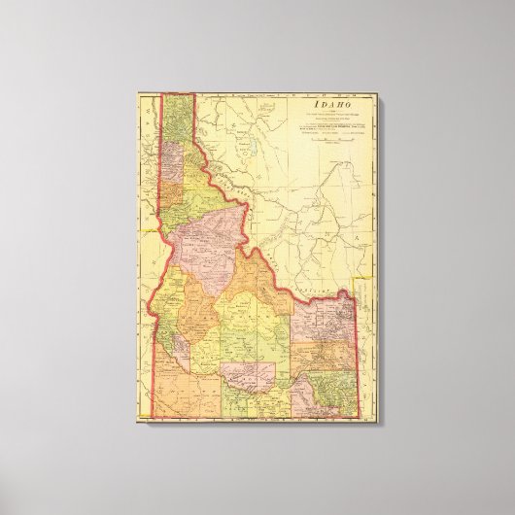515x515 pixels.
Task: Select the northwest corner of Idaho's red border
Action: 161,94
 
